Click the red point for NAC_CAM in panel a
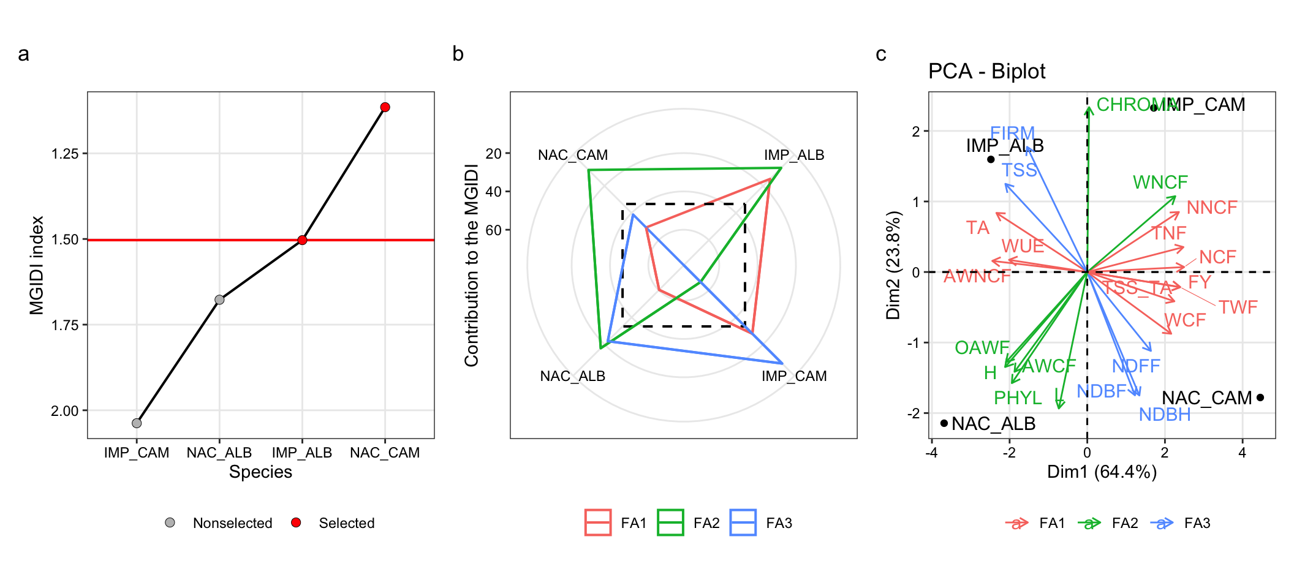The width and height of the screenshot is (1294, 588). [x=385, y=107]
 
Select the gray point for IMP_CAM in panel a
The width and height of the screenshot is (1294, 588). [x=137, y=423]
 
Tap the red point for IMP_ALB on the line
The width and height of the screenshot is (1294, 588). [x=302, y=240]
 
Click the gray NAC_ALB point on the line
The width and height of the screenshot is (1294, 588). [x=219, y=300]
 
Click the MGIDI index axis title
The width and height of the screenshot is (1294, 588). [x=37, y=265]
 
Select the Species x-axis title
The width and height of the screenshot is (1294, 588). [x=260, y=472]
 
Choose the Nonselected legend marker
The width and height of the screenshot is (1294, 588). [x=170, y=522]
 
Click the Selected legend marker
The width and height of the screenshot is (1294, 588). [x=296, y=522]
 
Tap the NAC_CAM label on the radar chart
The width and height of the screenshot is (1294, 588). [x=573, y=155]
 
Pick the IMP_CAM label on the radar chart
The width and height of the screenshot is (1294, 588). [x=794, y=376]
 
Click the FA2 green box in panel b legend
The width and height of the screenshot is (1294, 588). [x=670, y=522]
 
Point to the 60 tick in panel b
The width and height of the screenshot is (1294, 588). [x=494, y=230]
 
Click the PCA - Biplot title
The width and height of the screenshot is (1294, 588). [x=986, y=72]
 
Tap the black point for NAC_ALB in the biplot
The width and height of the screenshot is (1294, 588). [x=944, y=423]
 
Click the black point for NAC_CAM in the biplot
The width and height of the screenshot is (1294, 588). [x=1260, y=398]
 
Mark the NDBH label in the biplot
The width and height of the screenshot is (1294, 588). [x=1165, y=415]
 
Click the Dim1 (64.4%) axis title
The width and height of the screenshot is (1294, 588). [x=1102, y=472]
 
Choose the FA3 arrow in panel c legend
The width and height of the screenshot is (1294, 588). [x=1162, y=523]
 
